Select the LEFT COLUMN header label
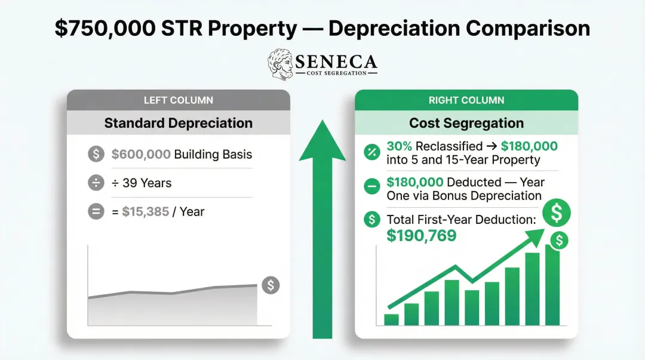click(178, 100)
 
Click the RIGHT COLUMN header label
click(466, 100)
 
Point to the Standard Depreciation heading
click(178, 124)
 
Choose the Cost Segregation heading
click(466, 124)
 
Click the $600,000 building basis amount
click(141, 155)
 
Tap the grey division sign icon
click(96, 183)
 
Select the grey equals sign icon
click(96, 212)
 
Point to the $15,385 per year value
click(146, 212)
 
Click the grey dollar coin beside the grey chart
click(270, 285)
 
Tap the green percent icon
click(371, 152)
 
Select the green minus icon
click(371, 187)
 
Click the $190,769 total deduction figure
click(422, 236)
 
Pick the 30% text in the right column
click(400, 146)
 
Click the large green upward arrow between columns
click(322, 227)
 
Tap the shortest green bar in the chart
click(391, 319)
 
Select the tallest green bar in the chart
click(552, 285)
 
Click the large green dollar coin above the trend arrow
click(557, 212)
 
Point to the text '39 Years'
click(147, 183)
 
